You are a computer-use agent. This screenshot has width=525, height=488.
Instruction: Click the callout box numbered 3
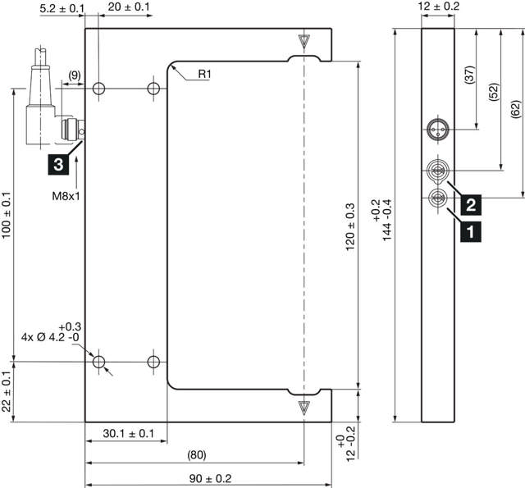[x=57, y=165]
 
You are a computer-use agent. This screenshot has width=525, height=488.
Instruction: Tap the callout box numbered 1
[x=469, y=232]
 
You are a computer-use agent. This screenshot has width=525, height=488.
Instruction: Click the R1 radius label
[x=204, y=75]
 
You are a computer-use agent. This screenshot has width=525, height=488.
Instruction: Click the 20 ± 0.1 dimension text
[x=129, y=7]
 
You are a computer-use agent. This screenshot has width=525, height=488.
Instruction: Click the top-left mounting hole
[x=99, y=88]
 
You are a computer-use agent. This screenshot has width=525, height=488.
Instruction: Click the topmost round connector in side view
[x=436, y=129]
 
